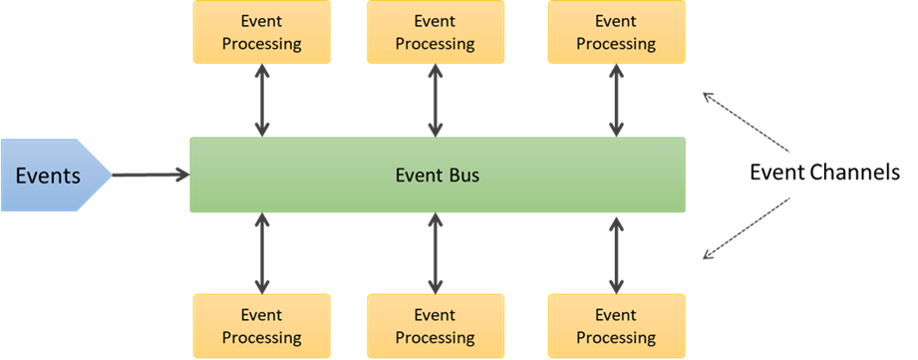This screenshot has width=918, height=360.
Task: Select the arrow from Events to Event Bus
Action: (150, 176)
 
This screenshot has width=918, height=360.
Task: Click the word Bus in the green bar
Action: (461, 176)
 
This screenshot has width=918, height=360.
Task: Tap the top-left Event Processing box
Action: (261, 32)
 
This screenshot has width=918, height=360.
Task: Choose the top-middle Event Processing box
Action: (435, 32)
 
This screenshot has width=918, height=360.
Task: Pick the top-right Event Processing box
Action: (616, 32)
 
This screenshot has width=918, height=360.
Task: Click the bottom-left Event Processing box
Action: (261, 326)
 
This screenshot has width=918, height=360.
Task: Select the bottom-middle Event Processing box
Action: (435, 326)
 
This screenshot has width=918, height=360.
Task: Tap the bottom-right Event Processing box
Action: (616, 326)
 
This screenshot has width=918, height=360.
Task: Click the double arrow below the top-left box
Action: (261, 101)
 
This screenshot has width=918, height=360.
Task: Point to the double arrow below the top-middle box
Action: (435, 101)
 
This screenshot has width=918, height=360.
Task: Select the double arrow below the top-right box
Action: (616, 101)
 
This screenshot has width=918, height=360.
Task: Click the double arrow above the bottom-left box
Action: (261, 252)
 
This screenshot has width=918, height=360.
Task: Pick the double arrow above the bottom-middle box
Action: (435, 252)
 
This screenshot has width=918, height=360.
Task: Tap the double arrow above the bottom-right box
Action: (616, 252)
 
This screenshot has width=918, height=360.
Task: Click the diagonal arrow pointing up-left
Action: (747, 123)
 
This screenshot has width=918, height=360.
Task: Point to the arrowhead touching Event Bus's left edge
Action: (182, 176)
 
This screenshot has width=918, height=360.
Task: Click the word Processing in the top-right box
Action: (616, 43)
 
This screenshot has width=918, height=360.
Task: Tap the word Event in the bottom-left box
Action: (261, 316)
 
